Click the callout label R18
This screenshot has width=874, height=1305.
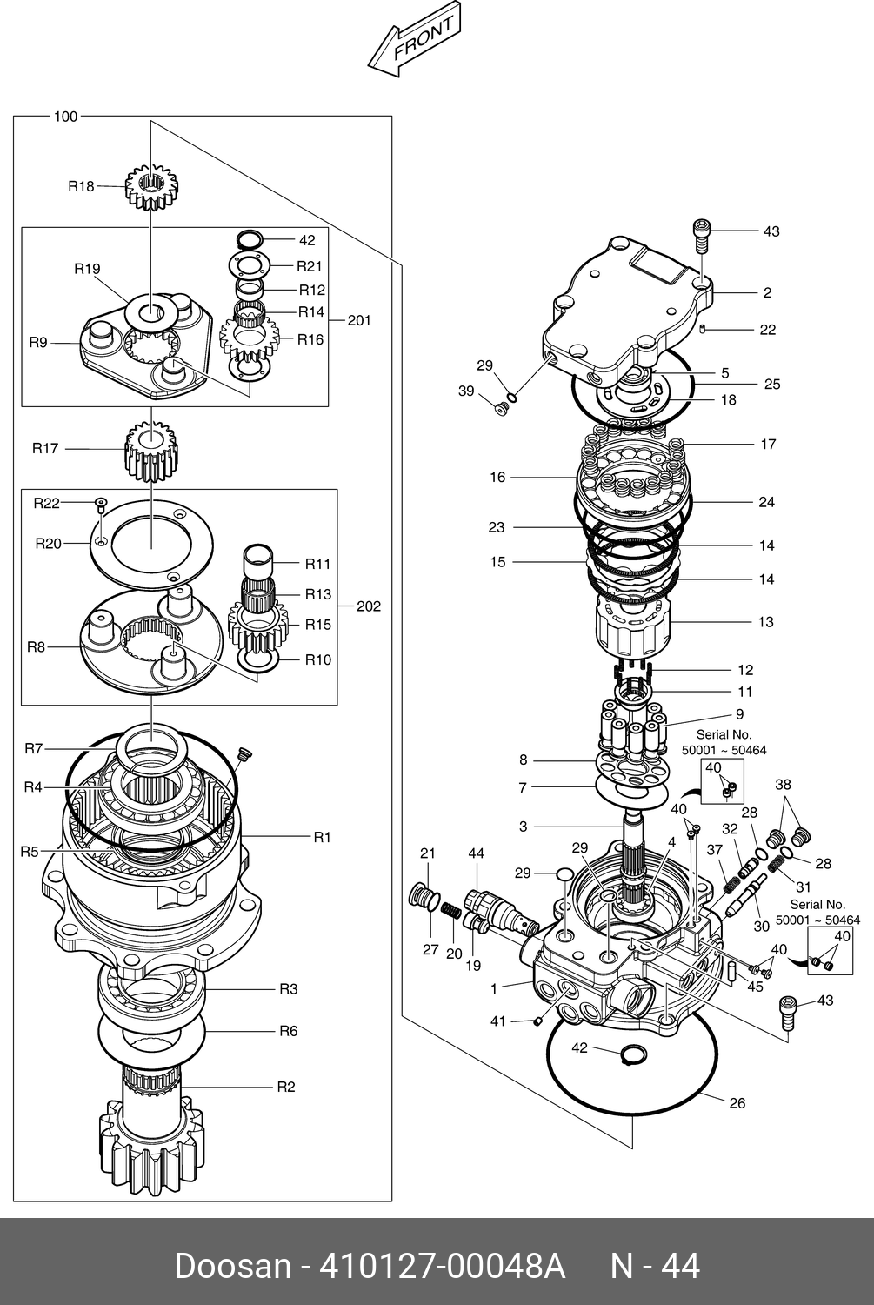point(81,186)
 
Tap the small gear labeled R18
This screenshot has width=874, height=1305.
point(151,187)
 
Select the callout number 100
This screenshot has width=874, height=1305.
point(65,117)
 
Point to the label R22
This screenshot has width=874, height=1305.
point(47,504)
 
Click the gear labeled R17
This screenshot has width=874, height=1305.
point(151,452)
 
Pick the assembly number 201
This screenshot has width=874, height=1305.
point(359,320)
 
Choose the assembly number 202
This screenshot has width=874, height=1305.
point(369,606)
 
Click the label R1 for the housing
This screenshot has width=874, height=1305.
point(322,837)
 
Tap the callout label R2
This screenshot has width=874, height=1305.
point(286,1087)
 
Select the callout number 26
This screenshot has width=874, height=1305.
point(737,1103)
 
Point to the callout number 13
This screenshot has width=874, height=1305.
point(765,622)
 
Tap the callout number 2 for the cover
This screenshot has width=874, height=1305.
point(767,292)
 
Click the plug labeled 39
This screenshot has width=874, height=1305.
point(500,409)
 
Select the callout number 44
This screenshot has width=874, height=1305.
point(477,853)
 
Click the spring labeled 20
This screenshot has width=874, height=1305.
point(450,909)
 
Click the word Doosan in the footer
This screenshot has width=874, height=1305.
point(233,1267)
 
